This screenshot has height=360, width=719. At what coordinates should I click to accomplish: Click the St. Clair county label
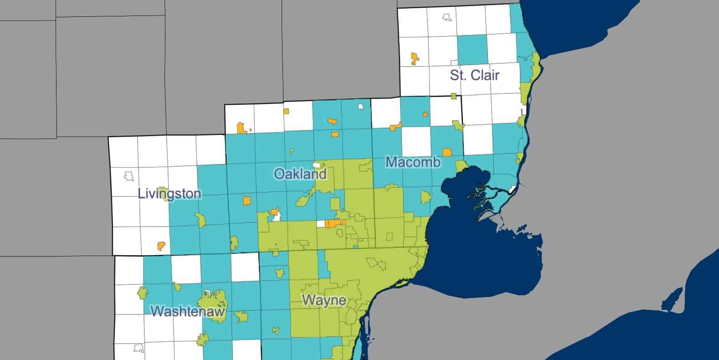[x=474, y=75]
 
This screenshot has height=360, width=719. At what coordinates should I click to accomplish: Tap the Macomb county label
[x=413, y=162]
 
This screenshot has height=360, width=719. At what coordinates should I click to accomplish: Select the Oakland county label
[x=300, y=174]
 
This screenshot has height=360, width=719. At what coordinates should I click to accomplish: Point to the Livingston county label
[x=169, y=194]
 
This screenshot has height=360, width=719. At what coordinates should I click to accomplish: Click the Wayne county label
[x=324, y=301]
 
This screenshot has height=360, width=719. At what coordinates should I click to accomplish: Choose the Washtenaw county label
[x=188, y=311]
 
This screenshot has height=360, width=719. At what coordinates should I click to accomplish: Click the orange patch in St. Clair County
[x=414, y=58]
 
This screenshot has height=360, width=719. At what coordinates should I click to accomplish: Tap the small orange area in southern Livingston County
[x=161, y=246]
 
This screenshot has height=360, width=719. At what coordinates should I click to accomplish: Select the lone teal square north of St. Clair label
[x=472, y=50]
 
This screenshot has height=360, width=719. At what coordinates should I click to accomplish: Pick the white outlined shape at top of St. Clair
[x=447, y=17]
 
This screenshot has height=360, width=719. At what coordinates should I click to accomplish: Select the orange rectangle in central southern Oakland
[x=335, y=224]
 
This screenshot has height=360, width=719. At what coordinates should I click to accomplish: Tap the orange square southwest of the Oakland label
[x=247, y=201]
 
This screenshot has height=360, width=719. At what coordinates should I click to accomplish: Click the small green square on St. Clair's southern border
[x=453, y=96]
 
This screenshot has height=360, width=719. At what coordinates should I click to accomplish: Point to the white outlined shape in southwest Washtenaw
[x=139, y=348]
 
